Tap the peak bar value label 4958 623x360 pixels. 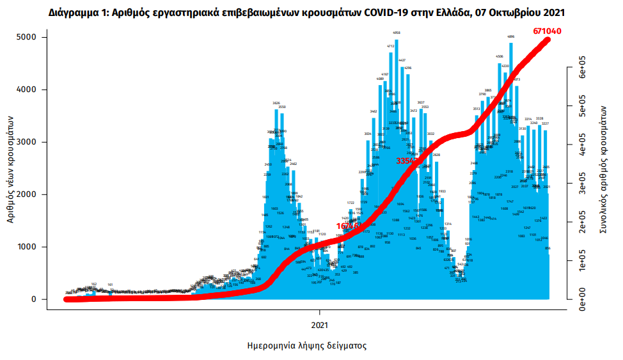pyautogui.click(x=397, y=33)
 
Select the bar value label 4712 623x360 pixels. pyautogui.click(x=391, y=46)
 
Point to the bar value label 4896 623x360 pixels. pyautogui.click(x=511, y=36)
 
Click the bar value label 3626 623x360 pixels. pyautogui.click(x=276, y=103)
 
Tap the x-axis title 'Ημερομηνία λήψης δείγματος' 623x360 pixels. pyautogui.click(x=306, y=345)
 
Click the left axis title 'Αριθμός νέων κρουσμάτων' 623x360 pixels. pyautogui.click(x=12, y=169)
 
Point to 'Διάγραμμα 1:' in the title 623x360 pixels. pyautogui.click(x=77, y=12)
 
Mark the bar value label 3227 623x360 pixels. pyautogui.click(x=546, y=123)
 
